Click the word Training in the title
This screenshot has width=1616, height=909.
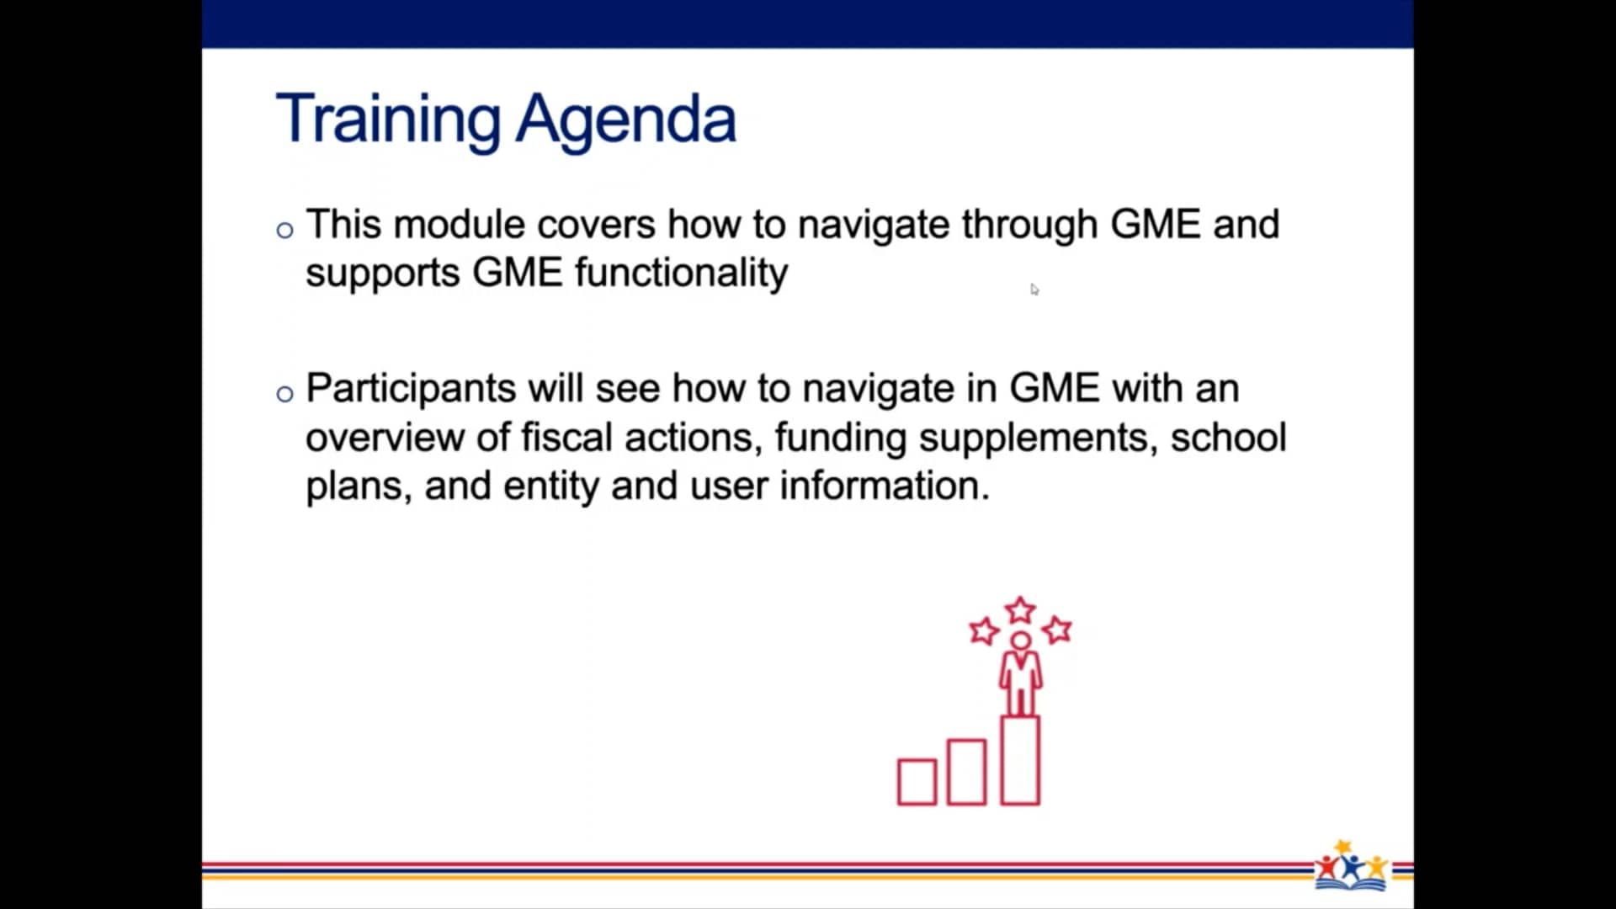tap(388, 120)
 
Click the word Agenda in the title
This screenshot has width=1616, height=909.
tap(626, 120)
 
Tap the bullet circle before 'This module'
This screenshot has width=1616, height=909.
tap(284, 230)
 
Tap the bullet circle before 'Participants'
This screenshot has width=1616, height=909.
tap(284, 393)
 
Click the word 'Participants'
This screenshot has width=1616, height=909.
tap(411, 389)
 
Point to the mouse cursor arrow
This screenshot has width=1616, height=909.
tap(1034, 289)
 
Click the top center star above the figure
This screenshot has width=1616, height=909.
tap(1020, 609)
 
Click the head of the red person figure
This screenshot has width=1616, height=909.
tap(1020, 641)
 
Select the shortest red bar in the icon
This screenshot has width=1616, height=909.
tap(917, 782)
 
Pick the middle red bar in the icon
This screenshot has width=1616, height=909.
tap(966, 772)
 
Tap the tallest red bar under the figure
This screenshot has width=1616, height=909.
tap(1020, 760)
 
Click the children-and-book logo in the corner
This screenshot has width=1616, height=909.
tap(1351, 865)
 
